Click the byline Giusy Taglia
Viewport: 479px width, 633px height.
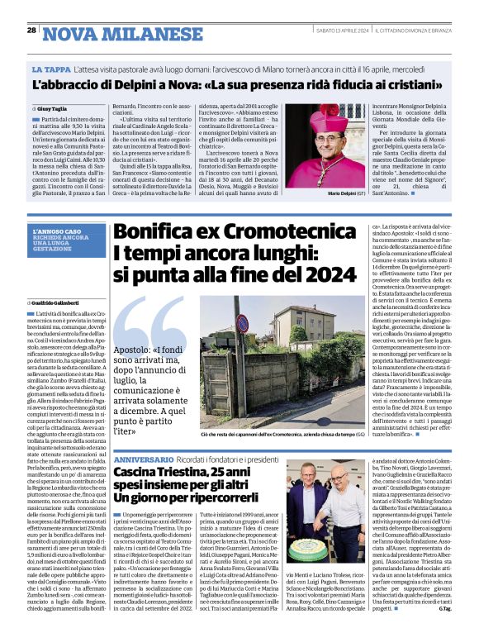point(54,108)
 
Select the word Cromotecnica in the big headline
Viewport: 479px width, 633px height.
point(279,234)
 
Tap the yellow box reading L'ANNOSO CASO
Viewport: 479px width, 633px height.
point(60,231)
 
